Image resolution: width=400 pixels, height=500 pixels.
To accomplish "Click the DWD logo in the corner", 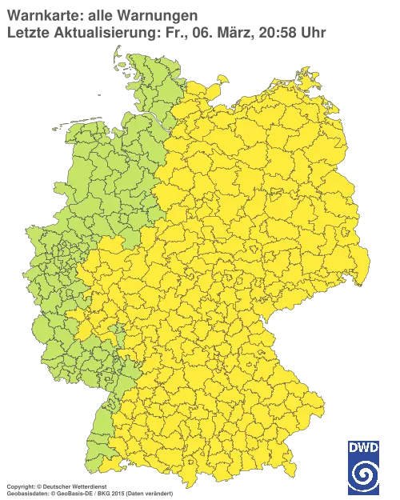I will pos(364,467).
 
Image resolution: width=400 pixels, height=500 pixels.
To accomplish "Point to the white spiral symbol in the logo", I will pos(364,477).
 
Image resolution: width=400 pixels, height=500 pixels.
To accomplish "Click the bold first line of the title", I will pos(100,15).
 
